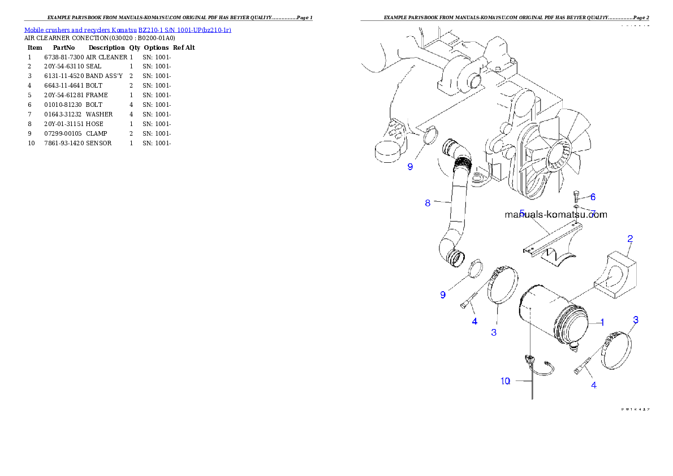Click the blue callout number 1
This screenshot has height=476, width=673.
[602, 322]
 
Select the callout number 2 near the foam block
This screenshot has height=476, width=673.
[629, 239]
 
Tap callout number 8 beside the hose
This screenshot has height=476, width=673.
[428, 203]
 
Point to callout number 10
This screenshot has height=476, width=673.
[505, 381]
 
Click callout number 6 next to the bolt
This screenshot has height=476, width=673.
[593, 197]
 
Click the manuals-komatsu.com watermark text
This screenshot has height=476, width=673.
[556, 215]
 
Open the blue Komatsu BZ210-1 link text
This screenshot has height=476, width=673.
[127, 29]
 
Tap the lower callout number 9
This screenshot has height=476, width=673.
[443, 295]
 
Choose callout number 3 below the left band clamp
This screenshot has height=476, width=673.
[494, 332]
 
